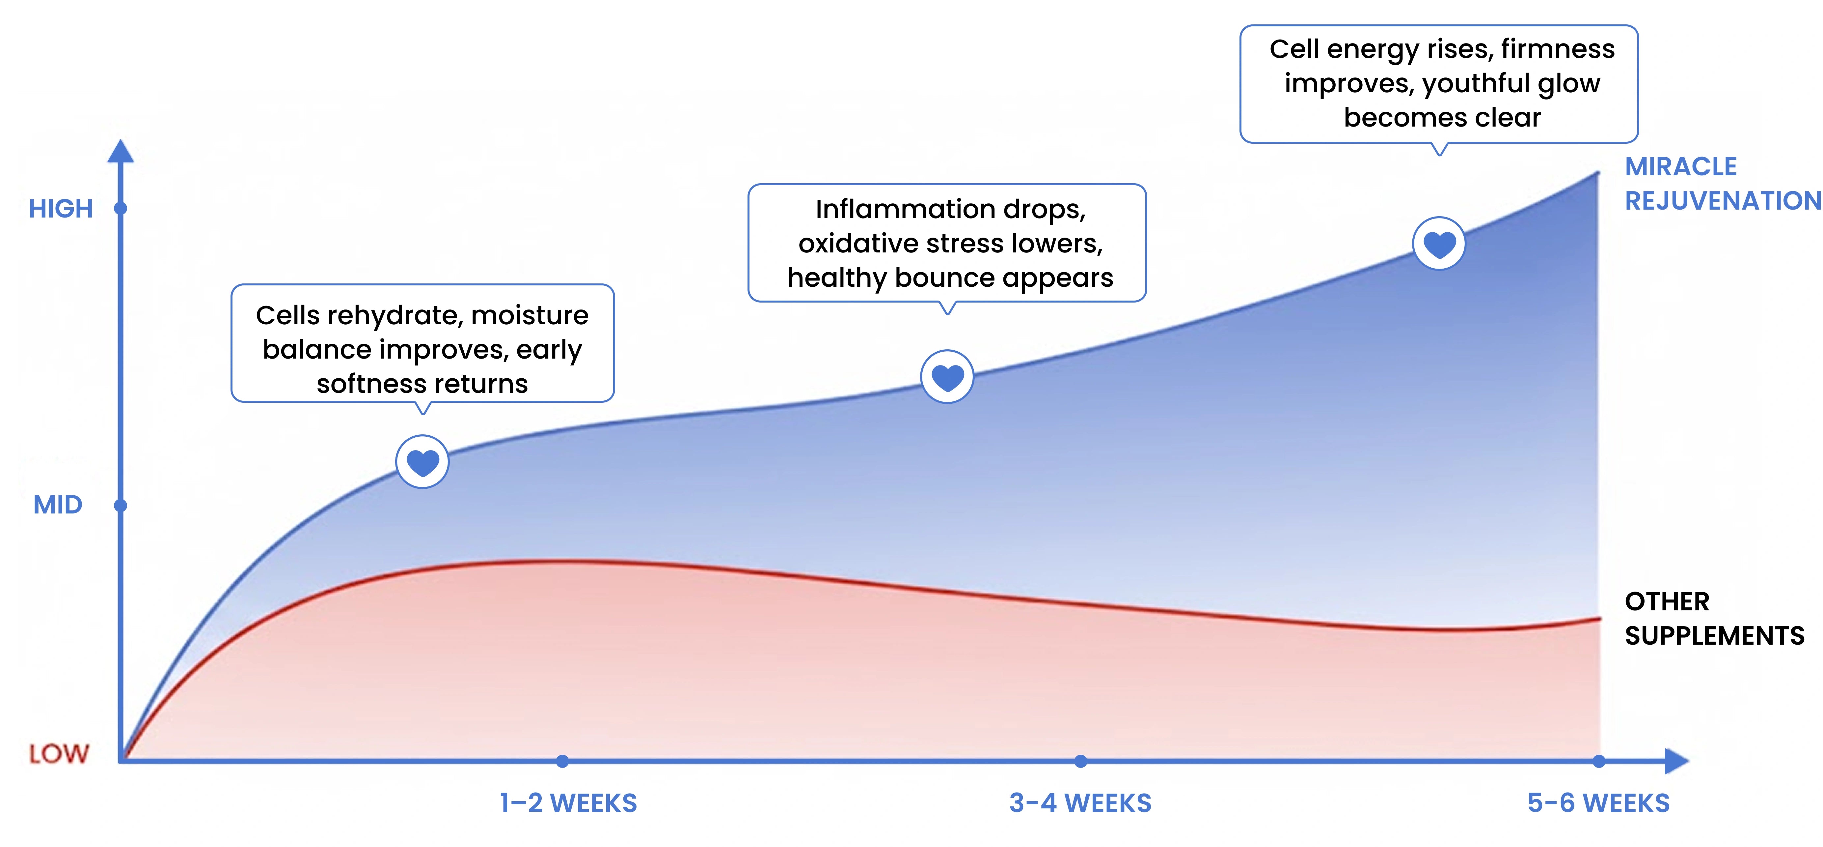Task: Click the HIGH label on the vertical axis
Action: pos(61,209)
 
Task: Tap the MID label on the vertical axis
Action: pos(58,505)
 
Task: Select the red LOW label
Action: pos(59,753)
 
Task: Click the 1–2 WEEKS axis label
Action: pos(568,803)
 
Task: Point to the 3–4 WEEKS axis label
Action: pos(1080,803)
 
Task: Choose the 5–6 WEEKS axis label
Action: pos(1598,803)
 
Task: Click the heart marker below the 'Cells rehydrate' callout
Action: pos(422,462)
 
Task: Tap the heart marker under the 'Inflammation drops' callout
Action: pos(947,377)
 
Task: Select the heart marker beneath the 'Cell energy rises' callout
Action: pos(1439,244)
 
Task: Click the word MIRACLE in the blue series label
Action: pos(1681,166)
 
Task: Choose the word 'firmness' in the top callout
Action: pos(1558,49)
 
